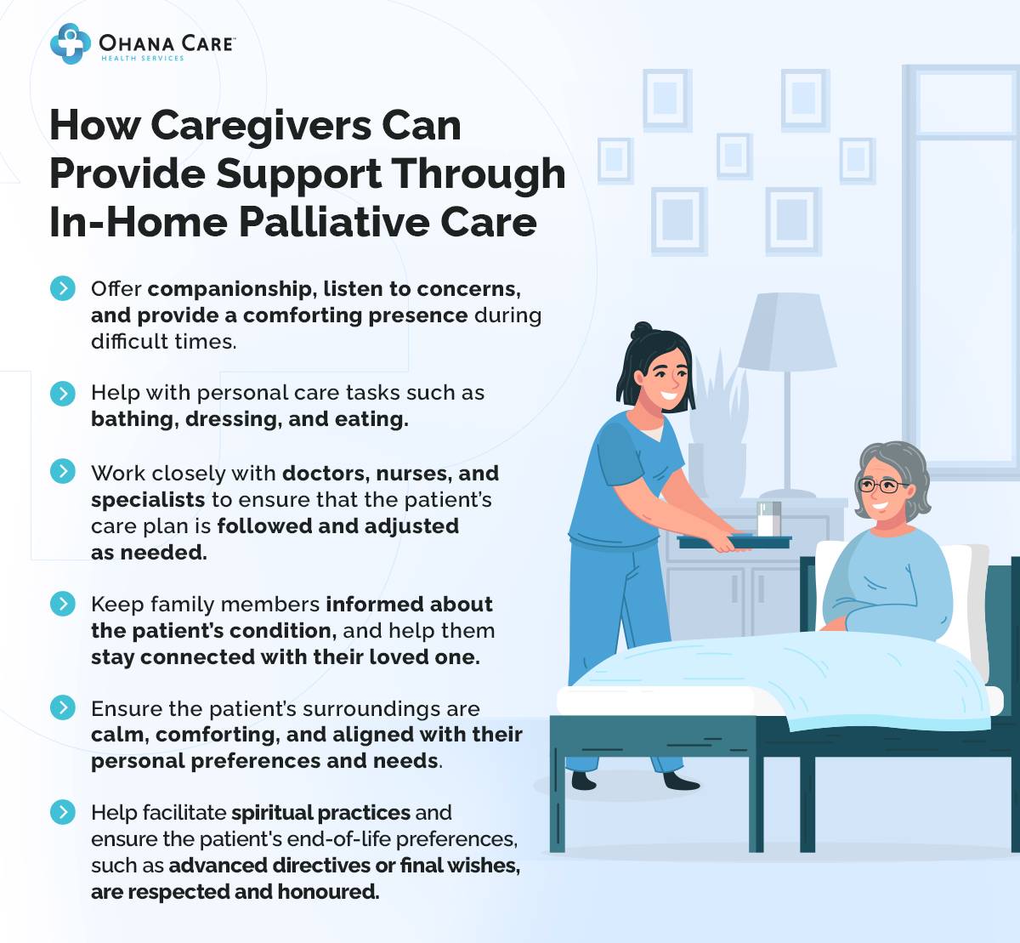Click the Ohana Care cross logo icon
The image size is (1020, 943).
[70, 43]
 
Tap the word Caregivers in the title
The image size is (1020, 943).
[262, 126]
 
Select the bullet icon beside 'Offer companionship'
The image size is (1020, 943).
[62, 288]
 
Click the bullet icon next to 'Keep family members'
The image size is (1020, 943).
[62, 604]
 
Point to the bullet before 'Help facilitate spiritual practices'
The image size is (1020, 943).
[62, 812]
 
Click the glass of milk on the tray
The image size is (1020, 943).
[768, 519]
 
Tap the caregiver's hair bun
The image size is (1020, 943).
[643, 331]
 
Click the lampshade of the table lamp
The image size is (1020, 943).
[787, 332]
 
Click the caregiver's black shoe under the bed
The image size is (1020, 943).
[681, 781]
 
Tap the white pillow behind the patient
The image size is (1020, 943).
[969, 595]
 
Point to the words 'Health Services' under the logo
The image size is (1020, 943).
[142, 59]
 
